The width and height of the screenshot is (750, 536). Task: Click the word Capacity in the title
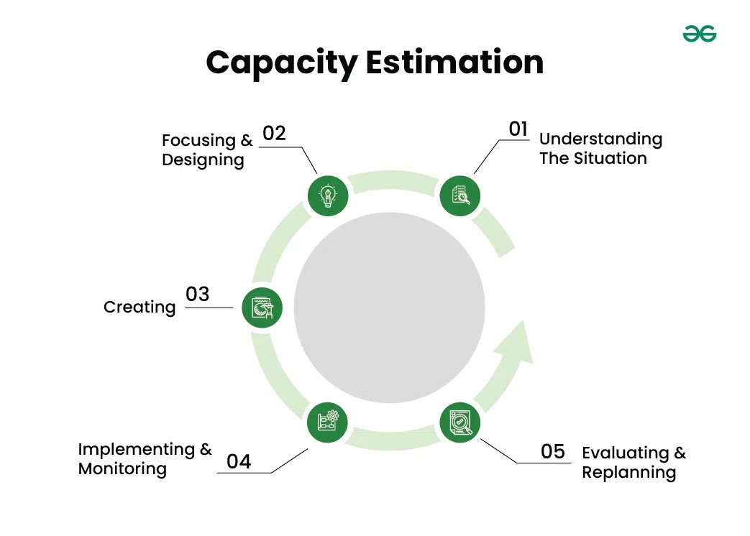point(281,63)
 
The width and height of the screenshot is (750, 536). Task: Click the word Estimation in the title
point(454,63)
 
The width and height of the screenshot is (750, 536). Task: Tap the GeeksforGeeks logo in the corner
point(699,34)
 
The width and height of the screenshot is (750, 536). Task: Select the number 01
point(518,129)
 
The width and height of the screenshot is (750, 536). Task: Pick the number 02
point(274,133)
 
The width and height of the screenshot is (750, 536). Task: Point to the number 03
point(197,294)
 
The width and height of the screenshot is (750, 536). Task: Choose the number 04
point(239,461)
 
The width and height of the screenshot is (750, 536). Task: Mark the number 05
point(553,451)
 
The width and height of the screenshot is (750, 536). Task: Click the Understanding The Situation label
point(600,149)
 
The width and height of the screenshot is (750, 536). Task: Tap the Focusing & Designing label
point(207,149)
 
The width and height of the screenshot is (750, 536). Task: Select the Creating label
point(140,307)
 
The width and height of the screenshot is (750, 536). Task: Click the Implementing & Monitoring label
point(145,459)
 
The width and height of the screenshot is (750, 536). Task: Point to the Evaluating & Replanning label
point(634,463)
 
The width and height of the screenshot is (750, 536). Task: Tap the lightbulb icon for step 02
point(328,195)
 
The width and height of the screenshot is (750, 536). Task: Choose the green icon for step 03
point(262,308)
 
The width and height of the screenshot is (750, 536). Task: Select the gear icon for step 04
point(328,421)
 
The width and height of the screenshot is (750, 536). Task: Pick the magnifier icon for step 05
point(460,421)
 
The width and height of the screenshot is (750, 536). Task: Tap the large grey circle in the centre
point(389,308)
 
